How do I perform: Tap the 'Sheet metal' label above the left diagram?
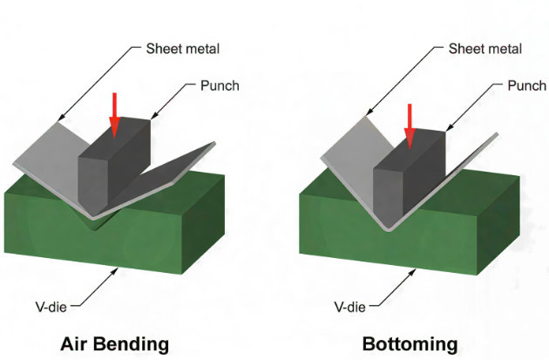tap(183, 49)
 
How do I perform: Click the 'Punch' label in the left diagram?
tap(218, 87)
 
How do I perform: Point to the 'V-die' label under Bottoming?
tap(351, 306)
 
